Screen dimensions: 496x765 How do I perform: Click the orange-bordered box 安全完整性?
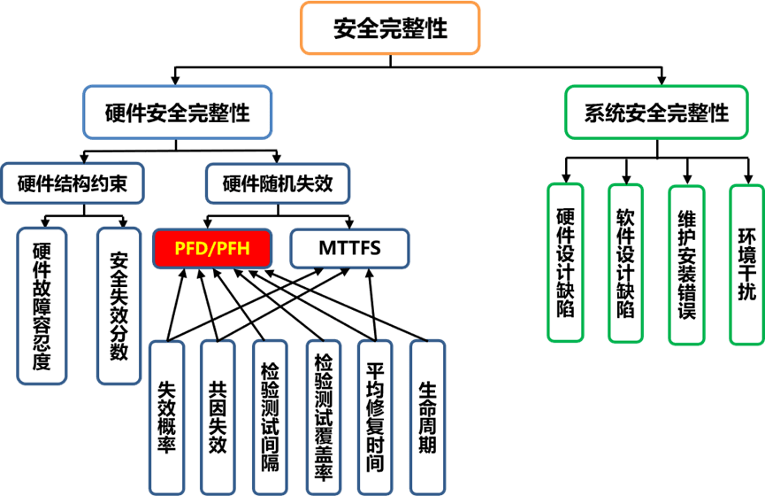click(390, 27)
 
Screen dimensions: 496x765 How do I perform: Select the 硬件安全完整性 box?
click(177, 112)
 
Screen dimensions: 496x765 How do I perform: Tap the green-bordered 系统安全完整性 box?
click(657, 112)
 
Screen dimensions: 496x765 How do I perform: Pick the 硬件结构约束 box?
click(72, 183)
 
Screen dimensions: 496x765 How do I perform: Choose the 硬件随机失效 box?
click(278, 183)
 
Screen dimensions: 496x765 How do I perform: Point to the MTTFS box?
click(349, 247)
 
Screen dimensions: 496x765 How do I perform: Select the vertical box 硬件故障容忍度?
click(42, 306)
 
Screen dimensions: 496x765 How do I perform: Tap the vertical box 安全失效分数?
click(119, 306)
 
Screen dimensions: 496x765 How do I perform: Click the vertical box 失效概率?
click(166, 416)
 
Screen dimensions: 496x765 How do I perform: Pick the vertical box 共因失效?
click(218, 416)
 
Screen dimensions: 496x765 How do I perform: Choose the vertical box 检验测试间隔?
click(270, 416)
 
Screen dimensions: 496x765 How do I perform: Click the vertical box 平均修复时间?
click(375, 416)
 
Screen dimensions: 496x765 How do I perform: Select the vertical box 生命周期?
click(427, 416)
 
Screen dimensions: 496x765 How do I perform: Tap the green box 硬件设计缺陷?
click(566, 262)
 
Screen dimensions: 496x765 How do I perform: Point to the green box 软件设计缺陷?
click(626, 262)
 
